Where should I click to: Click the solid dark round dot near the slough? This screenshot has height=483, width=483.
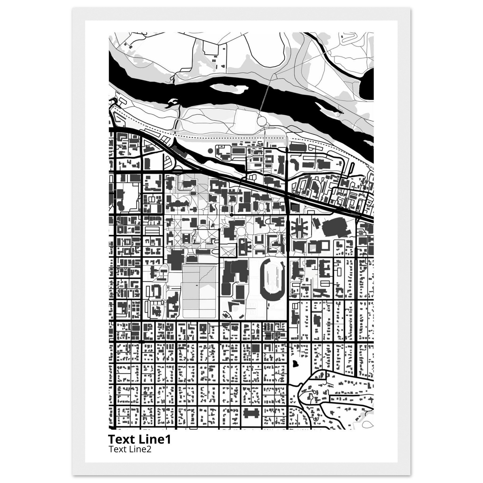pos(210,150)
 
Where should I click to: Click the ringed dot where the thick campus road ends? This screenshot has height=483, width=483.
pos(232,215)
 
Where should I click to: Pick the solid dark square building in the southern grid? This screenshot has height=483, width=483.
pos(255,348)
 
